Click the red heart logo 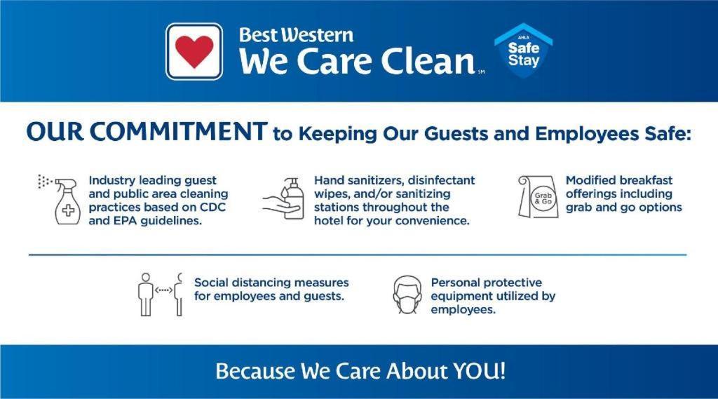(194, 51)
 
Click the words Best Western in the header (296, 35)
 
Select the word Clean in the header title (423, 62)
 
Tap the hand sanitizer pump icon (285, 200)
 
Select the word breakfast (646, 180)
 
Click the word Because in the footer (255, 370)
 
